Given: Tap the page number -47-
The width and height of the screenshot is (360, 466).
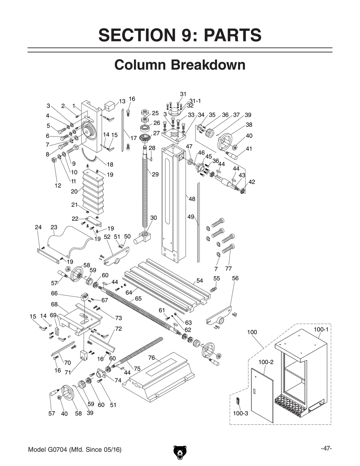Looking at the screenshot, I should (x=326, y=449).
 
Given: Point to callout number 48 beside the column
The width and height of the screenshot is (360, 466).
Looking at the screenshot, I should (x=192, y=199).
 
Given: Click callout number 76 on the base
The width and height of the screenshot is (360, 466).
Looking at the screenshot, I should (x=152, y=358).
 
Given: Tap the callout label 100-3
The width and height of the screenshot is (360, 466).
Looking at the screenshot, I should (x=240, y=413).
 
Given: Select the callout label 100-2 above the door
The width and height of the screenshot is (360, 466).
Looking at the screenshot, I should (x=266, y=362).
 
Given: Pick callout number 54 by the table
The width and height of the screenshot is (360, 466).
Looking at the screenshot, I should (x=199, y=281).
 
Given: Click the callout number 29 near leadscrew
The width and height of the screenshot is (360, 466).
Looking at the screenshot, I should (x=155, y=174).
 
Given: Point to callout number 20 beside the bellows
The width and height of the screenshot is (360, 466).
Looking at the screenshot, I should (x=74, y=192).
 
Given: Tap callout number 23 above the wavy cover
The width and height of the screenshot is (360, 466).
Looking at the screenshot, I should (x=54, y=227).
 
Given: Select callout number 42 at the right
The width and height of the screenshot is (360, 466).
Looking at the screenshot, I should (x=252, y=182).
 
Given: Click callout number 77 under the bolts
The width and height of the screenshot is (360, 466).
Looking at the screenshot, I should (x=228, y=269).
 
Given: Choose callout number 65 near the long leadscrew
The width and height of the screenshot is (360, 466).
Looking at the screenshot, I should (x=138, y=299).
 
